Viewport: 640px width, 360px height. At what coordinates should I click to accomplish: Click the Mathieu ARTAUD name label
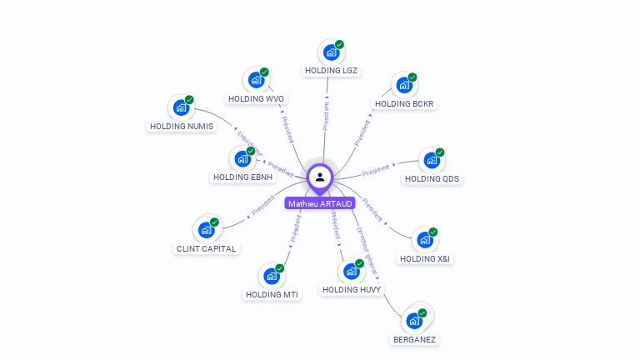320,203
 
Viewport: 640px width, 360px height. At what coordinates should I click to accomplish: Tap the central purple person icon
320,177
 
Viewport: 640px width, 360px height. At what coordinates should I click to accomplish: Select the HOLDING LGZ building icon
332,52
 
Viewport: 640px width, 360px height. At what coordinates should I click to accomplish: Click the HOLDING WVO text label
256,98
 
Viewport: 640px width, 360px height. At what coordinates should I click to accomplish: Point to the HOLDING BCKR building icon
404,85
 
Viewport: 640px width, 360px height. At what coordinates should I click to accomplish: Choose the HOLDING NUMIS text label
181,127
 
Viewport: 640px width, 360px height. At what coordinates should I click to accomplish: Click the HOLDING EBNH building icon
242,158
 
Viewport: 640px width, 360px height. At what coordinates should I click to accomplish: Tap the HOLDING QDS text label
432,179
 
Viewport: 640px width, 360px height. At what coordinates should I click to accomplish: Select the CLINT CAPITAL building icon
206,230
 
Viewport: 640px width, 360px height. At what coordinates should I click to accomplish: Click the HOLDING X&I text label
425,259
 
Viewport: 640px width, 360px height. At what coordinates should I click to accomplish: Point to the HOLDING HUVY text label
352,290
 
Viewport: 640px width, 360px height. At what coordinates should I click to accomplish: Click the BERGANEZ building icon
413,321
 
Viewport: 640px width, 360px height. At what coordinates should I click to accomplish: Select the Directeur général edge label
367,251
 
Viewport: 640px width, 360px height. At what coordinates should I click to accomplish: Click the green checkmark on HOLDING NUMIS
189,100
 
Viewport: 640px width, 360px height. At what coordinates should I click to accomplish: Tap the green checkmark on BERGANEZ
422,312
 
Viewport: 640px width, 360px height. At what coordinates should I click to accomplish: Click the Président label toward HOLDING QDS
376,171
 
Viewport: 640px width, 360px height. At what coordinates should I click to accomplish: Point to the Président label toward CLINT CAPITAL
263,206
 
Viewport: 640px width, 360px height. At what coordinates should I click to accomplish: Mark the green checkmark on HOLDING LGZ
340,45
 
